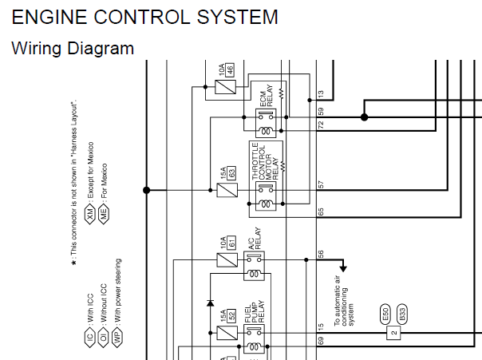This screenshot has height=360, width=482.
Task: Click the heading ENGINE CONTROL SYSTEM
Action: [144, 17]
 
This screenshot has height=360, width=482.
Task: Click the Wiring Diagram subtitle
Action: [73, 49]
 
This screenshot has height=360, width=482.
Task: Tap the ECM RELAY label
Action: [267, 96]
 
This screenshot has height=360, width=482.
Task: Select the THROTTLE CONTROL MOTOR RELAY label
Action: [265, 160]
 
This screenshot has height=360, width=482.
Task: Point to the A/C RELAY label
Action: [255, 239]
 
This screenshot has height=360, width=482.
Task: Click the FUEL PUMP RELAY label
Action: [255, 312]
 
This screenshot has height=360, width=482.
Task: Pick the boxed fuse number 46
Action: [230, 69]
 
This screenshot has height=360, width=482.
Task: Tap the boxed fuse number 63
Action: [231, 172]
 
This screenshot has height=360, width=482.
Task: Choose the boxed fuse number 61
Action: [231, 243]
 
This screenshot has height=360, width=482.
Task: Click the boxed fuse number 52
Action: [231, 315]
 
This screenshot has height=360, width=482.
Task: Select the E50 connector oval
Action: [385, 315]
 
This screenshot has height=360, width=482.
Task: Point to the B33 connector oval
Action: [402, 315]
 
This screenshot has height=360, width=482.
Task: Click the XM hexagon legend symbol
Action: [90, 214]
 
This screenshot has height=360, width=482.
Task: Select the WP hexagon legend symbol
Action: [117, 338]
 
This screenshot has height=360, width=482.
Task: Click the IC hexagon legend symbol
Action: [89, 338]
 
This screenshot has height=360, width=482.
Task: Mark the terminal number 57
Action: [321, 184]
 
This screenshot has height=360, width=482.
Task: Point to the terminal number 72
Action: [321, 125]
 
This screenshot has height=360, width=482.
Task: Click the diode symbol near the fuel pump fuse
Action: [210, 303]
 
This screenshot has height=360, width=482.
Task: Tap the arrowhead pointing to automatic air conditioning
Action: [343, 268]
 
